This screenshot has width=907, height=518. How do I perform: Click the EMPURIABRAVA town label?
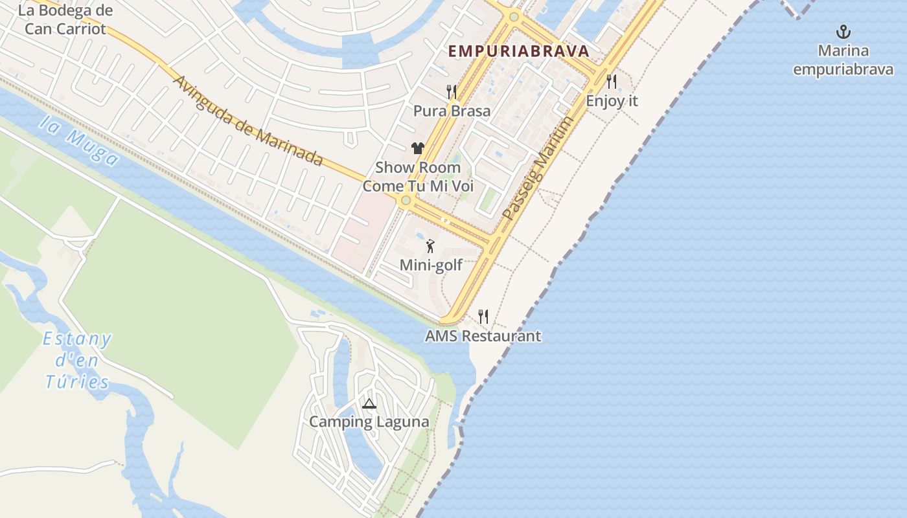click(x=518, y=51)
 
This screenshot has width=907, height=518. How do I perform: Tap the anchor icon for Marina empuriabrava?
click(x=843, y=32)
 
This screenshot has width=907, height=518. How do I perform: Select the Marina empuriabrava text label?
click(x=843, y=60)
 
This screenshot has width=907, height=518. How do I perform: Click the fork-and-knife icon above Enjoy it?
click(x=611, y=81)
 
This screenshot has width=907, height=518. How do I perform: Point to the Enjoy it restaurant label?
click(x=612, y=101)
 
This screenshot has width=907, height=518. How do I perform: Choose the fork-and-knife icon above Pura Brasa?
click(x=452, y=91)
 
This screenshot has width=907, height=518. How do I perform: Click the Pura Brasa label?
click(x=452, y=111)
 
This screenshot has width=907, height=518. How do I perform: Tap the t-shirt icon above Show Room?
click(x=417, y=148)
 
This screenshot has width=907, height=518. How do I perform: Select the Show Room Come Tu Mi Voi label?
click(x=418, y=177)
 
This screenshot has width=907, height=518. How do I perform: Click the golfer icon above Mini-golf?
click(x=430, y=246)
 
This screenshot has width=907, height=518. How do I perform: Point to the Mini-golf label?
click(x=431, y=265)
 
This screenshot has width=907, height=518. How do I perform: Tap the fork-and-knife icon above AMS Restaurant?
click(x=483, y=317)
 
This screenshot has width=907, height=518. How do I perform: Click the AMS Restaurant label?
click(x=483, y=336)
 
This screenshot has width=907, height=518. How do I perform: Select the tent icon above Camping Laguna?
click(x=369, y=404)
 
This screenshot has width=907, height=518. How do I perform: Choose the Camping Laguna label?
click(x=369, y=422)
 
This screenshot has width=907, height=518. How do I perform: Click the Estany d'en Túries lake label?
click(x=77, y=360)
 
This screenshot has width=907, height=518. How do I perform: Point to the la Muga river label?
click(x=78, y=142)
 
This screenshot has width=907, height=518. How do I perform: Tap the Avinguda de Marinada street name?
click(x=249, y=121)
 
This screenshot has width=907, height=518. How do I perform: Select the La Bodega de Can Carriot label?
click(x=65, y=19)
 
